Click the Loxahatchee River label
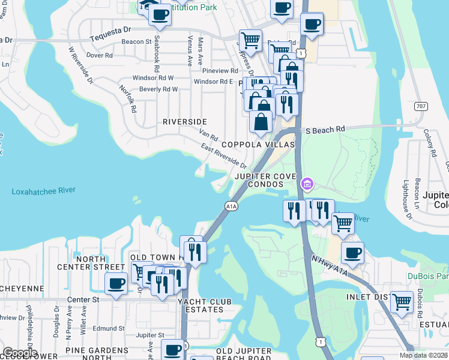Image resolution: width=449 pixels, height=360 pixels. click(x=43, y=190)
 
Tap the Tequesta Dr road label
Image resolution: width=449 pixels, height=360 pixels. click(x=110, y=29)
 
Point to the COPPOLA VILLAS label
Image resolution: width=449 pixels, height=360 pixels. click(x=258, y=145)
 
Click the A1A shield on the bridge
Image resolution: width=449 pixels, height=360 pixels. click(x=232, y=206)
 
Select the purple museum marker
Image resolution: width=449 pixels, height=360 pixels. click(x=307, y=182)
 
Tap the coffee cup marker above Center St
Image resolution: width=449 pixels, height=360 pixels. click(x=116, y=283)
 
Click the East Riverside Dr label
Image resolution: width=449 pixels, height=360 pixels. click(x=224, y=155)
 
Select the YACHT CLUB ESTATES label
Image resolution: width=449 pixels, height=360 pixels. click(x=200, y=305)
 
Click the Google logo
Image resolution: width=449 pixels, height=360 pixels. click(x=20, y=353)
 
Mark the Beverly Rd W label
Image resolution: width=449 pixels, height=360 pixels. click(x=158, y=89)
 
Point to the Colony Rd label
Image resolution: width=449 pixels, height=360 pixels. click(x=429, y=143)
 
